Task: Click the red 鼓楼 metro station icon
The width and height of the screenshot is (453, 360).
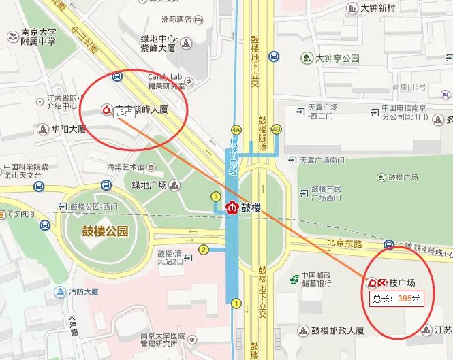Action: (233, 206)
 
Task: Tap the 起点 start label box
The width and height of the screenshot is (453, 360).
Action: (123, 112)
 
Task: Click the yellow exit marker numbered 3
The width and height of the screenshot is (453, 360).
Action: (216, 197)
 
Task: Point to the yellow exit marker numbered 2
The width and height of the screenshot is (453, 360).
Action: (203, 250)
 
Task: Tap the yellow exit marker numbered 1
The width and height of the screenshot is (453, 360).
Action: (236, 304)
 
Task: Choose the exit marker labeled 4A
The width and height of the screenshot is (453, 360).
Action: (236, 129)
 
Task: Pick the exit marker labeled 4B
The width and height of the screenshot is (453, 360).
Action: (276, 129)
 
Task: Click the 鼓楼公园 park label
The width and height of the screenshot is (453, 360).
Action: (105, 231)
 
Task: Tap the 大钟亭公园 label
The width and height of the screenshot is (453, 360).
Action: (337, 59)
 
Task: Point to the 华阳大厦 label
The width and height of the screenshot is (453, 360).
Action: (69, 128)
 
